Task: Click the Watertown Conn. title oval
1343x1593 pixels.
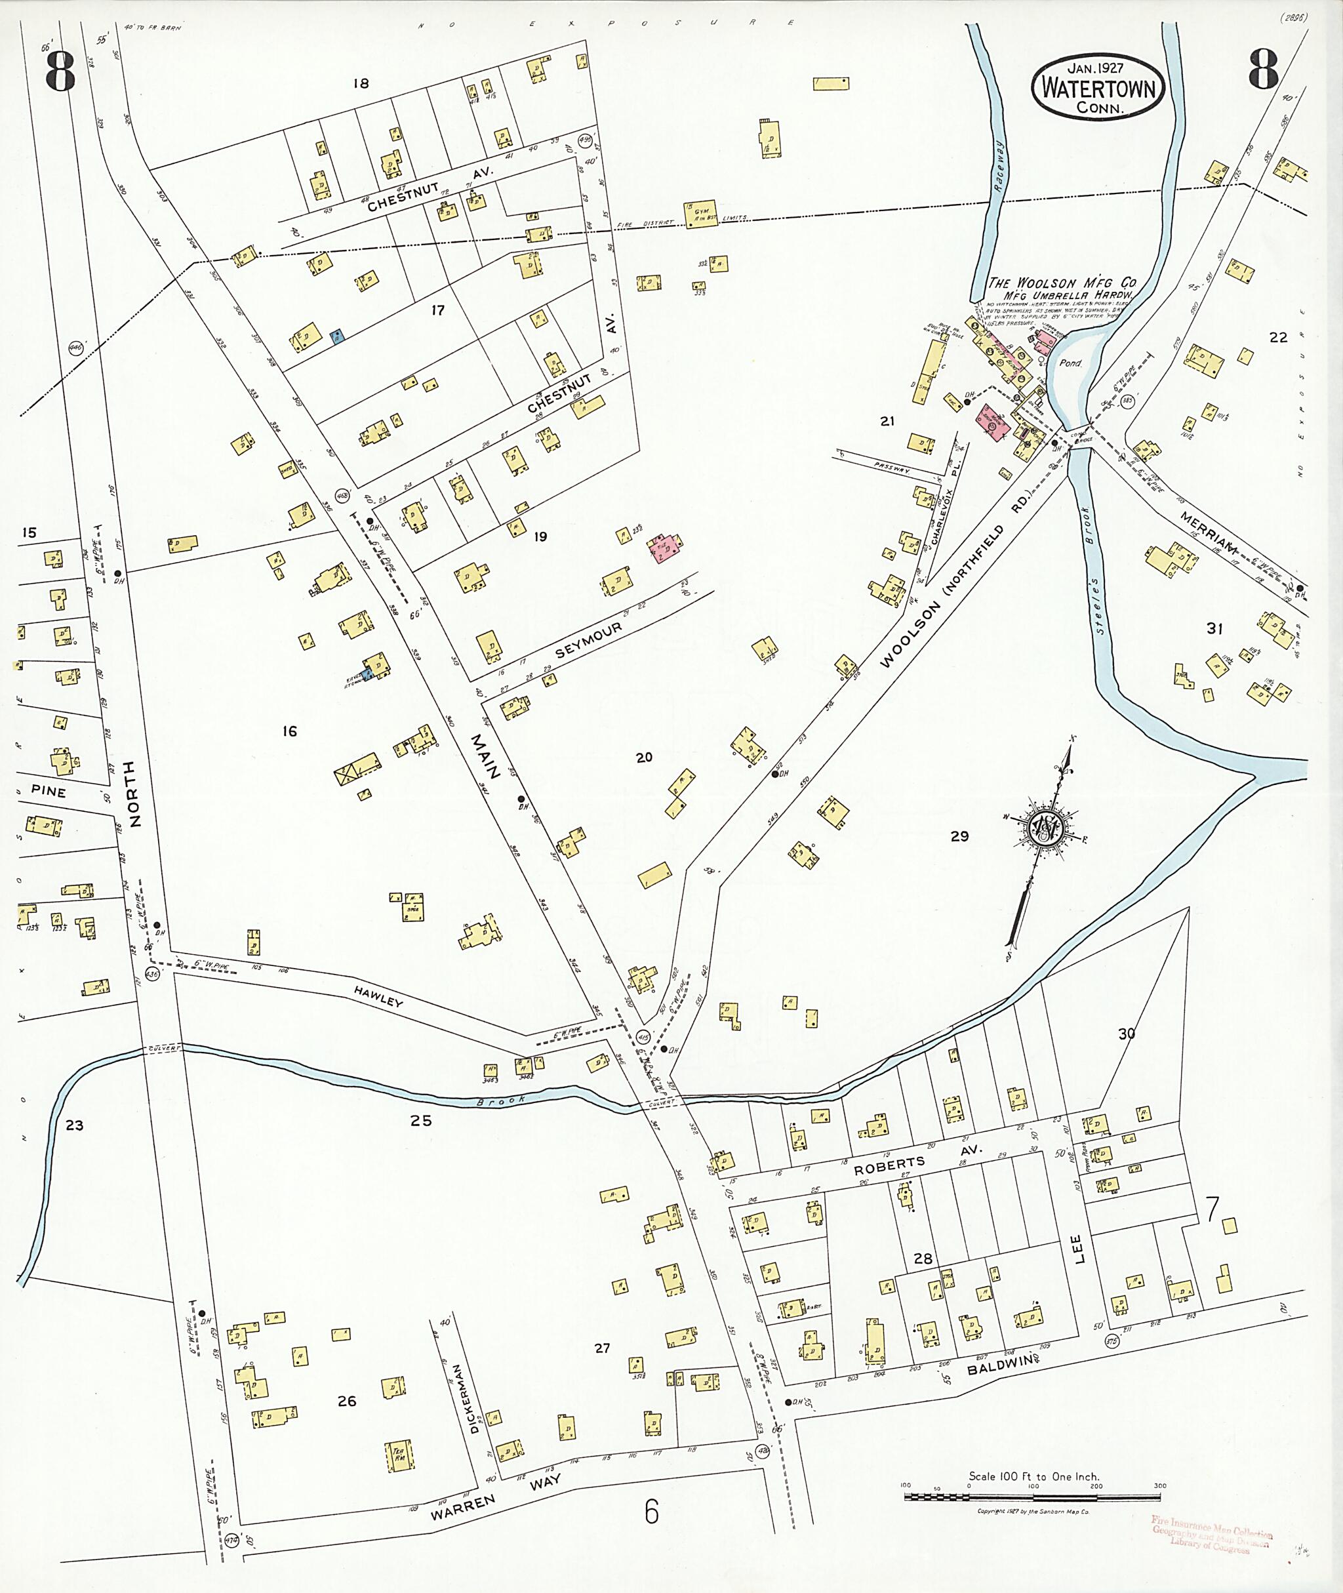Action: tap(1098, 88)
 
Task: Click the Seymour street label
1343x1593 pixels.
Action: tap(588, 640)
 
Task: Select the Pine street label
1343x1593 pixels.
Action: tap(49, 792)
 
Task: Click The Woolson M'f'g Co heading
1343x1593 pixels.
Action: tap(1061, 283)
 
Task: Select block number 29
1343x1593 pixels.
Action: tap(959, 836)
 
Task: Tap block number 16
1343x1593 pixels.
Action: tap(289, 731)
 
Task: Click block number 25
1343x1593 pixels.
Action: tap(420, 1120)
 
